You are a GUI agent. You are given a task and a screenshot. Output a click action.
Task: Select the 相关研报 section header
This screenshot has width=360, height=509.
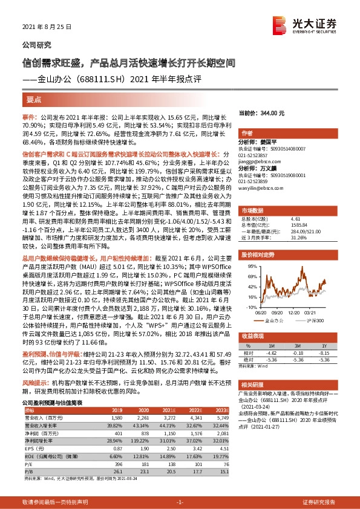pyautogui.click(x=253, y=368)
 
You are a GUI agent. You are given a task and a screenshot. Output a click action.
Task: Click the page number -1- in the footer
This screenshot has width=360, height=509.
pyautogui.click(x=180, y=502)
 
